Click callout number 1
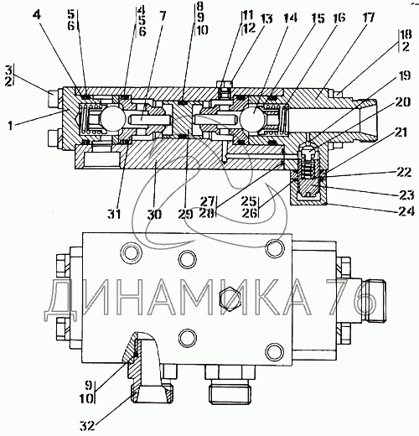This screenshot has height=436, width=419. click(10, 126)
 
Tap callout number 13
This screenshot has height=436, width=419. click(266, 19)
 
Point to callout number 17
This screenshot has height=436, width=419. click(368, 18)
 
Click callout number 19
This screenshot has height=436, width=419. click(404, 75)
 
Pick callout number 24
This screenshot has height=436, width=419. click(406, 211)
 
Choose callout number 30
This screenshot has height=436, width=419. click(154, 215)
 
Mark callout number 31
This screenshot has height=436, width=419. click(114, 215)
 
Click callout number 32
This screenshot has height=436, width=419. click(87, 426)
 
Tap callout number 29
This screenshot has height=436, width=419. click(185, 215)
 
